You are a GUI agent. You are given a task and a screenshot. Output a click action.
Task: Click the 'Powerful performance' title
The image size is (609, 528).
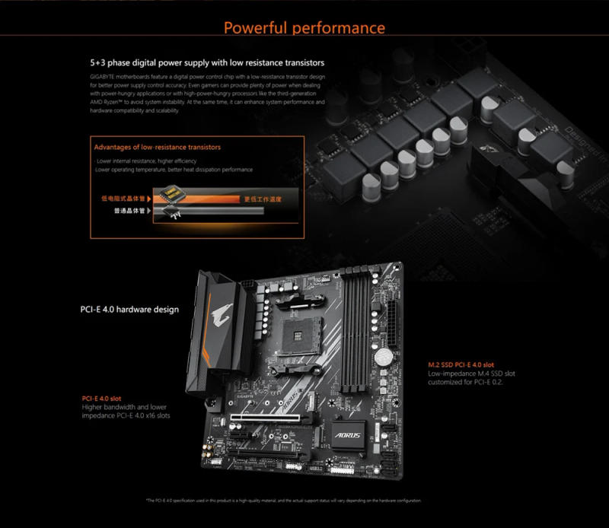(304, 28)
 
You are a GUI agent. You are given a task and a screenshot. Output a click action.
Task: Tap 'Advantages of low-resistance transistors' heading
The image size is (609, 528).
(157, 147)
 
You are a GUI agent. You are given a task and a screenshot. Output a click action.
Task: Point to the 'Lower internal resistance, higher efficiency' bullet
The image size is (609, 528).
(146, 161)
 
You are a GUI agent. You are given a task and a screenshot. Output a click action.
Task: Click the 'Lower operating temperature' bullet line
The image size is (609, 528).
(174, 170)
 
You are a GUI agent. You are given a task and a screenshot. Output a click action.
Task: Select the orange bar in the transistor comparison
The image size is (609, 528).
(228, 199)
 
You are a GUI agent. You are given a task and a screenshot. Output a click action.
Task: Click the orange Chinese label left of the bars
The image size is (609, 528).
(123, 199)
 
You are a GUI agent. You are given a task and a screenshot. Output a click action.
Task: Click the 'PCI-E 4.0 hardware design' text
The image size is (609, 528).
(129, 310)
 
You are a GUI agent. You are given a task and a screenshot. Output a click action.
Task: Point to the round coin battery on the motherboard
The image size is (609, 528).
(386, 357)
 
